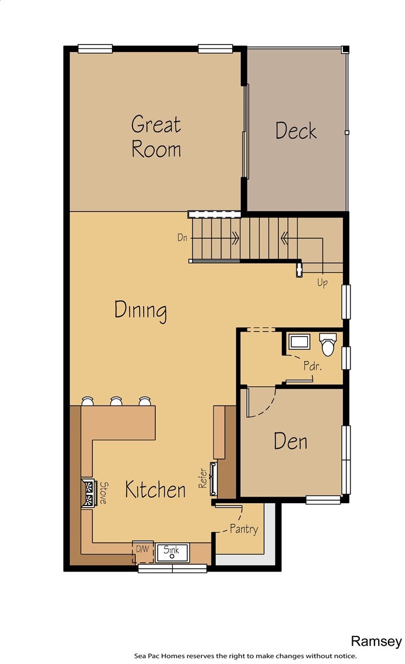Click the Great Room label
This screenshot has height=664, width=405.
point(156,136)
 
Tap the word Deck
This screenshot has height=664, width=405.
point(295,130)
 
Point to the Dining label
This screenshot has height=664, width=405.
point(140,311)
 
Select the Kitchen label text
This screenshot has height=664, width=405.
point(155,490)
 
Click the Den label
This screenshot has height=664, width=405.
point(291,441)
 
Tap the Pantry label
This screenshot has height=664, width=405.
point(244,529)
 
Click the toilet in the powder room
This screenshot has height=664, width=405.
point(328,344)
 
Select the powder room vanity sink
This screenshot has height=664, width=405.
point(300,341)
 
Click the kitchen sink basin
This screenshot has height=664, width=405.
point(172,552)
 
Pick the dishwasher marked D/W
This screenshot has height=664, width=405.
point(142,552)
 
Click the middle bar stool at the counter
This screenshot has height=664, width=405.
point(116,401)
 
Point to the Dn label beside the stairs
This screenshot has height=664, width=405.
point(182,238)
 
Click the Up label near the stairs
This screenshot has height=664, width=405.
point(322,283)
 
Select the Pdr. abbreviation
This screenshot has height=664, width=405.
point(312,365)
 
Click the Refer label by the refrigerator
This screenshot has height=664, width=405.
point(203,478)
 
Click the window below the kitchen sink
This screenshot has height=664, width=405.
point(172,568)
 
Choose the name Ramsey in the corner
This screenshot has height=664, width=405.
point(376,641)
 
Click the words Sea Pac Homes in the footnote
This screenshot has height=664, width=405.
point(159,656)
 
